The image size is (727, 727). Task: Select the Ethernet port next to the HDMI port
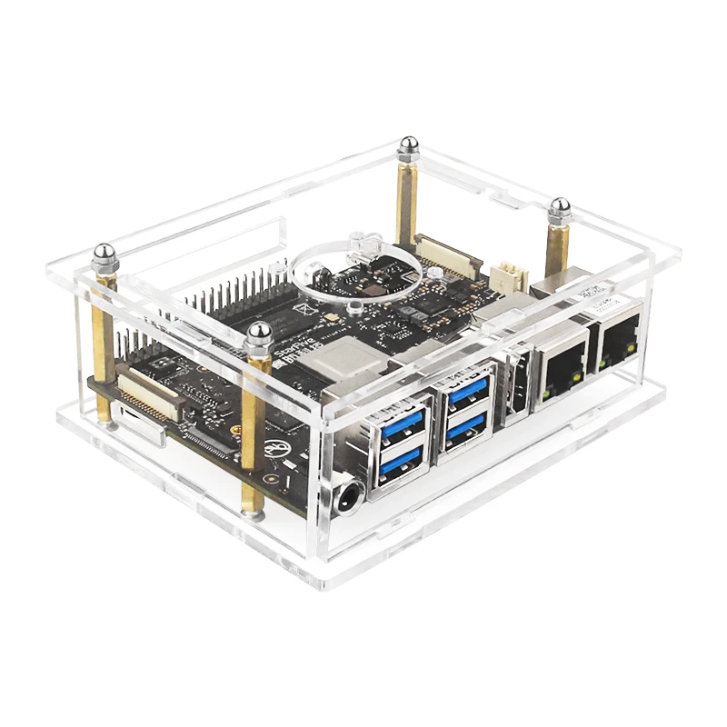click(x=561, y=367)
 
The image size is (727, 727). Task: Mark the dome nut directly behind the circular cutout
click(x=408, y=145)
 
